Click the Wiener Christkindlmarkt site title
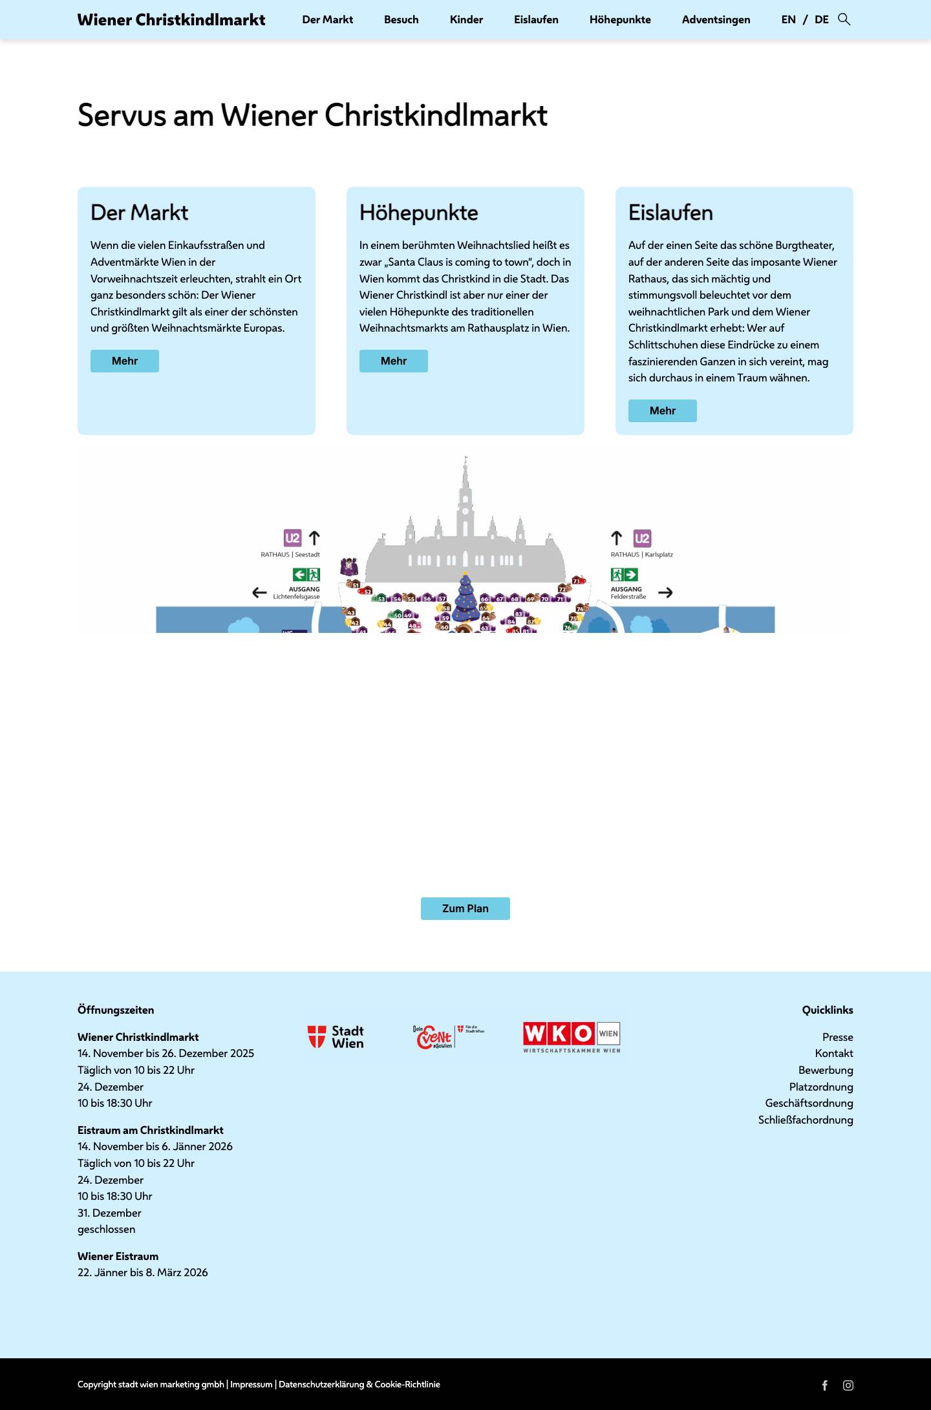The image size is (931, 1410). click(x=171, y=20)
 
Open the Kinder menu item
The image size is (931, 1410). click(x=466, y=20)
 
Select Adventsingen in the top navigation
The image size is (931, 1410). click(x=716, y=20)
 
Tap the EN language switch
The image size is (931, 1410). click(x=788, y=20)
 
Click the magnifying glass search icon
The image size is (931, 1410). click(x=844, y=19)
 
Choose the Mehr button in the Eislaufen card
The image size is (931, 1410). click(x=662, y=411)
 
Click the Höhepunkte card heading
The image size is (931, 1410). click(x=418, y=213)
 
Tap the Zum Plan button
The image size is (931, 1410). click(x=465, y=908)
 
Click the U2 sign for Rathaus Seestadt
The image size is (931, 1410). click(x=292, y=538)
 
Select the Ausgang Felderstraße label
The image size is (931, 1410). click(x=628, y=593)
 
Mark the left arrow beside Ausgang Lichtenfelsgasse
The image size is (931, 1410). click(x=259, y=592)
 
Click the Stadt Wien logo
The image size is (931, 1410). click(x=336, y=1037)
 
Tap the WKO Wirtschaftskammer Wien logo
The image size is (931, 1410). click(x=572, y=1037)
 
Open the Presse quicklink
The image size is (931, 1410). click(x=837, y=1037)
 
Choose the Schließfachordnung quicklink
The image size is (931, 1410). click(x=805, y=1120)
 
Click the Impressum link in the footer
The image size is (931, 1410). click(x=251, y=1384)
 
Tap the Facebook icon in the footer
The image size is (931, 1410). click(x=825, y=1385)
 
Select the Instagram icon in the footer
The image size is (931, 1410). click(x=848, y=1385)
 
